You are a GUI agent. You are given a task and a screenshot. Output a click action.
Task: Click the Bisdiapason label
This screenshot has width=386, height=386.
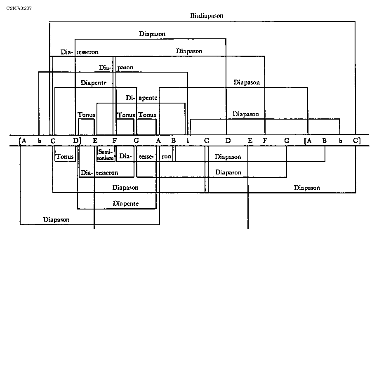(207, 16)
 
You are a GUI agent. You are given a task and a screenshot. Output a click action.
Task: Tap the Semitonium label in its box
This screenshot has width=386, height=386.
(106, 155)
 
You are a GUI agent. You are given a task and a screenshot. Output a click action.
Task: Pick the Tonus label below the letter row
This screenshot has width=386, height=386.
(65, 157)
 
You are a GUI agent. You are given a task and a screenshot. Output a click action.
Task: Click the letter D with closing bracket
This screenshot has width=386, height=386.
(77, 141)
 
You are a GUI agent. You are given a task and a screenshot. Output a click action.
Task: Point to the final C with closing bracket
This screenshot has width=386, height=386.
(356, 141)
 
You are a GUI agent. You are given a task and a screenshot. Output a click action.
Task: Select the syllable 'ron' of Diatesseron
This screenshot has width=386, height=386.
(166, 157)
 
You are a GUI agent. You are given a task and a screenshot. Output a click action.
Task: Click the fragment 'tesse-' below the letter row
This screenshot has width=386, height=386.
(146, 157)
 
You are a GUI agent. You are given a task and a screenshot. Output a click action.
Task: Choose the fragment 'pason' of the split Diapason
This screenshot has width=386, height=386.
(125, 67)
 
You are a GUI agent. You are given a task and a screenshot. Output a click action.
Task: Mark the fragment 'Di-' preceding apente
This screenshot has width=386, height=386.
(130, 98)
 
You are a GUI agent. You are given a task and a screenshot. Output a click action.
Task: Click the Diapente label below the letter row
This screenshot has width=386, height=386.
(126, 203)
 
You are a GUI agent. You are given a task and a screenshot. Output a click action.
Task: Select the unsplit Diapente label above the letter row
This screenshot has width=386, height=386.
(94, 82)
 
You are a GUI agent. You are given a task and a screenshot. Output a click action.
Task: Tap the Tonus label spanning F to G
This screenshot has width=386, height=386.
(126, 115)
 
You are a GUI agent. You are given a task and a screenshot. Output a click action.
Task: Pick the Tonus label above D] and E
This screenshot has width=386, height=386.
(87, 115)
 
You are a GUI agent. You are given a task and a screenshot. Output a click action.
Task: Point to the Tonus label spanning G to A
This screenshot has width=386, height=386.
(147, 115)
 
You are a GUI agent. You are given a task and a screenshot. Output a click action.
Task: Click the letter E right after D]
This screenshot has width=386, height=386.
(95, 141)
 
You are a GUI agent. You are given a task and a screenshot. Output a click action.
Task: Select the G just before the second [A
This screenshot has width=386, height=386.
(287, 141)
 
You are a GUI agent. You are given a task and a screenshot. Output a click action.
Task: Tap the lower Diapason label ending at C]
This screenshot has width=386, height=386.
(307, 188)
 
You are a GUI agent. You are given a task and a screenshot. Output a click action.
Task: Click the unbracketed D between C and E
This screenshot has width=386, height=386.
(228, 141)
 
